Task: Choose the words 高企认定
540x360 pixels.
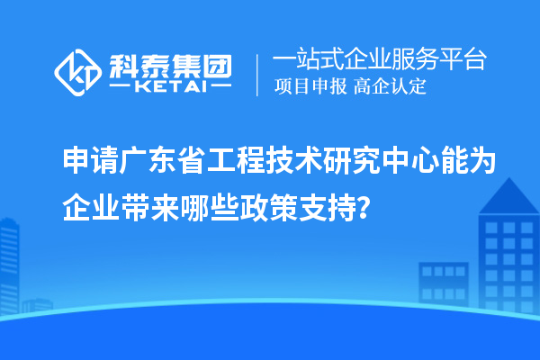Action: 391,87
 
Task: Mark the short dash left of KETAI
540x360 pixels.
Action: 121,87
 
